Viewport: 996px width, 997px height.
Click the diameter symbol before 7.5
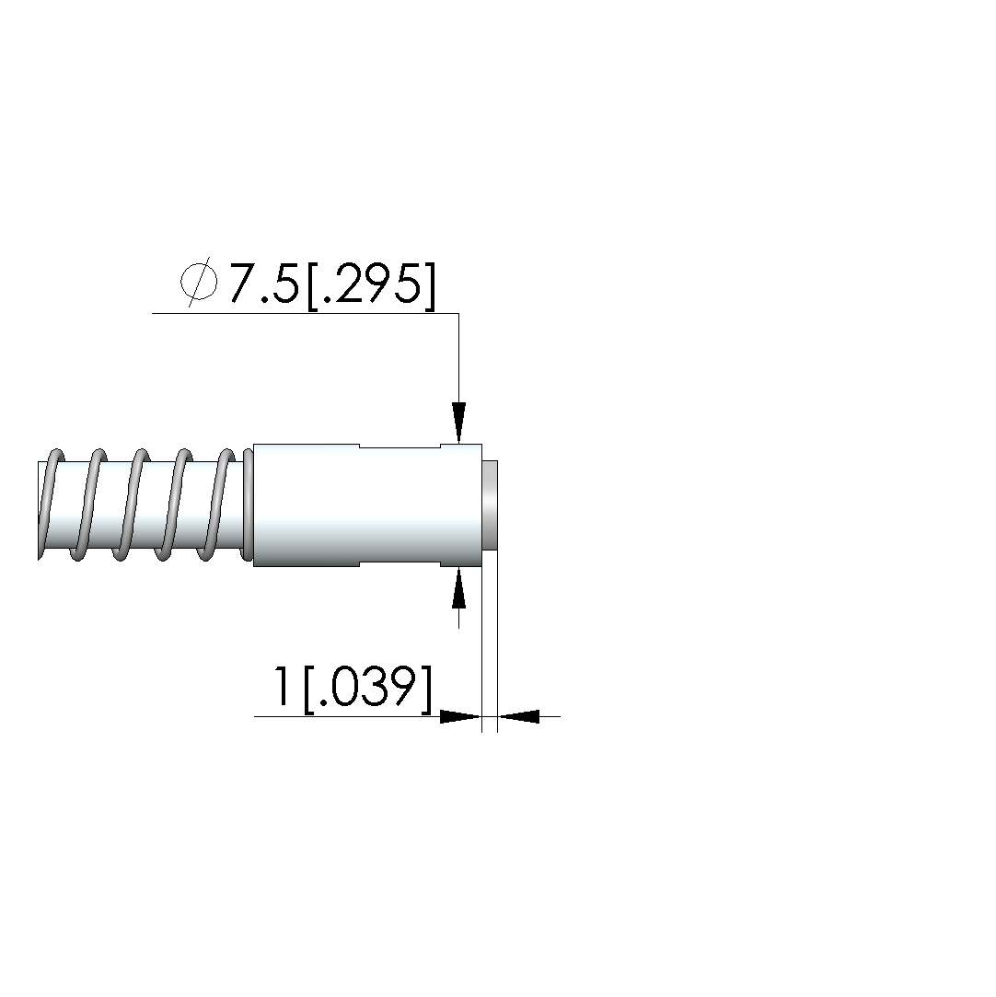click(x=199, y=283)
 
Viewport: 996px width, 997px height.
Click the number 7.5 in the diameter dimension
click(x=264, y=283)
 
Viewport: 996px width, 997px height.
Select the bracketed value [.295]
click(x=372, y=285)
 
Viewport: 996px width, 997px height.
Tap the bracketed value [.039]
click(x=368, y=689)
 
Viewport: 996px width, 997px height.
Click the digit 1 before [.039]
click(x=281, y=686)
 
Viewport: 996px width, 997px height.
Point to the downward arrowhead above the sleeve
click(x=459, y=423)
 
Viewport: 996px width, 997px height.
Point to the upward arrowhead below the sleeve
click(x=459, y=588)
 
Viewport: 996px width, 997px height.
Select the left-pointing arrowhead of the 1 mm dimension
click(x=518, y=716)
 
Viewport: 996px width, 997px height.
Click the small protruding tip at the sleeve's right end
click(x=490, y=504)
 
